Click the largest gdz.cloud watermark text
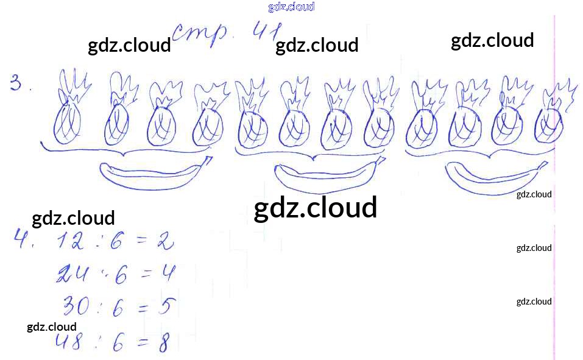coord(315,208)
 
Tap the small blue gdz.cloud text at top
coord(291,7)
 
